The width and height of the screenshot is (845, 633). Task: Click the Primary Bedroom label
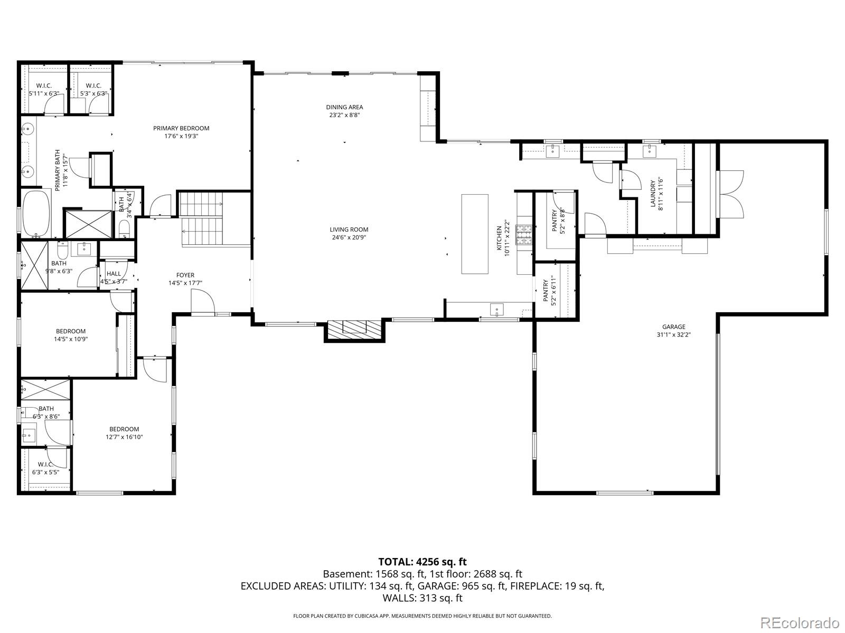click(181, 128)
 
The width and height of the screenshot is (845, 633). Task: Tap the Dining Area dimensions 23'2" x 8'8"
click(344, 115)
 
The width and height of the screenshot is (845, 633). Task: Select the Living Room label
click(349, 229)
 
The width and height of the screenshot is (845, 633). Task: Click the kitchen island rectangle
click(474, 234)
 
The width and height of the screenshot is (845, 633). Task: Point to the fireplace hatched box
click(354, 330)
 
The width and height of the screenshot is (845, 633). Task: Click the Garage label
click(673, 327)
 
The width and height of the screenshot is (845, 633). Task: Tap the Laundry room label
click(653, 194)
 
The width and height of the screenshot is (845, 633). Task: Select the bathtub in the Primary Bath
click(36, 214)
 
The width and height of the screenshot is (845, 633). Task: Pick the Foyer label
click(185, 275)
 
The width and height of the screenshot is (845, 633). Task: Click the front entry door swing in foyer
click(203, 303)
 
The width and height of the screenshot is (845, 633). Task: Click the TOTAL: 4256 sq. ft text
click(422, 562)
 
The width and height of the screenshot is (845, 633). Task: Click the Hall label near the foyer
click(114, 274)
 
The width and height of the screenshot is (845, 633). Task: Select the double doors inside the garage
click(731, 194)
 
